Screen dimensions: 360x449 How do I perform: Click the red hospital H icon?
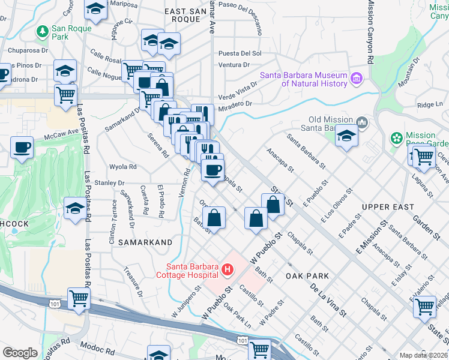click(x=227, y=270)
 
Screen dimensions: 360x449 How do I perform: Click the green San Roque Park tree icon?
click(x=43, y=31)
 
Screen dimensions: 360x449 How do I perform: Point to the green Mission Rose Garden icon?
click(x=396, y=139)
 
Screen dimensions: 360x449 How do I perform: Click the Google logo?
click(x=20, y=352)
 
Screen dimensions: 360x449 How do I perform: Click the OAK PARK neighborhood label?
click(x=308, y=276)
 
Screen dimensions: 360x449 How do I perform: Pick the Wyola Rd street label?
click(x=123, y=167)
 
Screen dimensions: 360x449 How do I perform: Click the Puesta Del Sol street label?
click(x=240, y=53)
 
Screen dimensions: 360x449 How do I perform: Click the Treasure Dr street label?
click(x=133, y=282)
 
